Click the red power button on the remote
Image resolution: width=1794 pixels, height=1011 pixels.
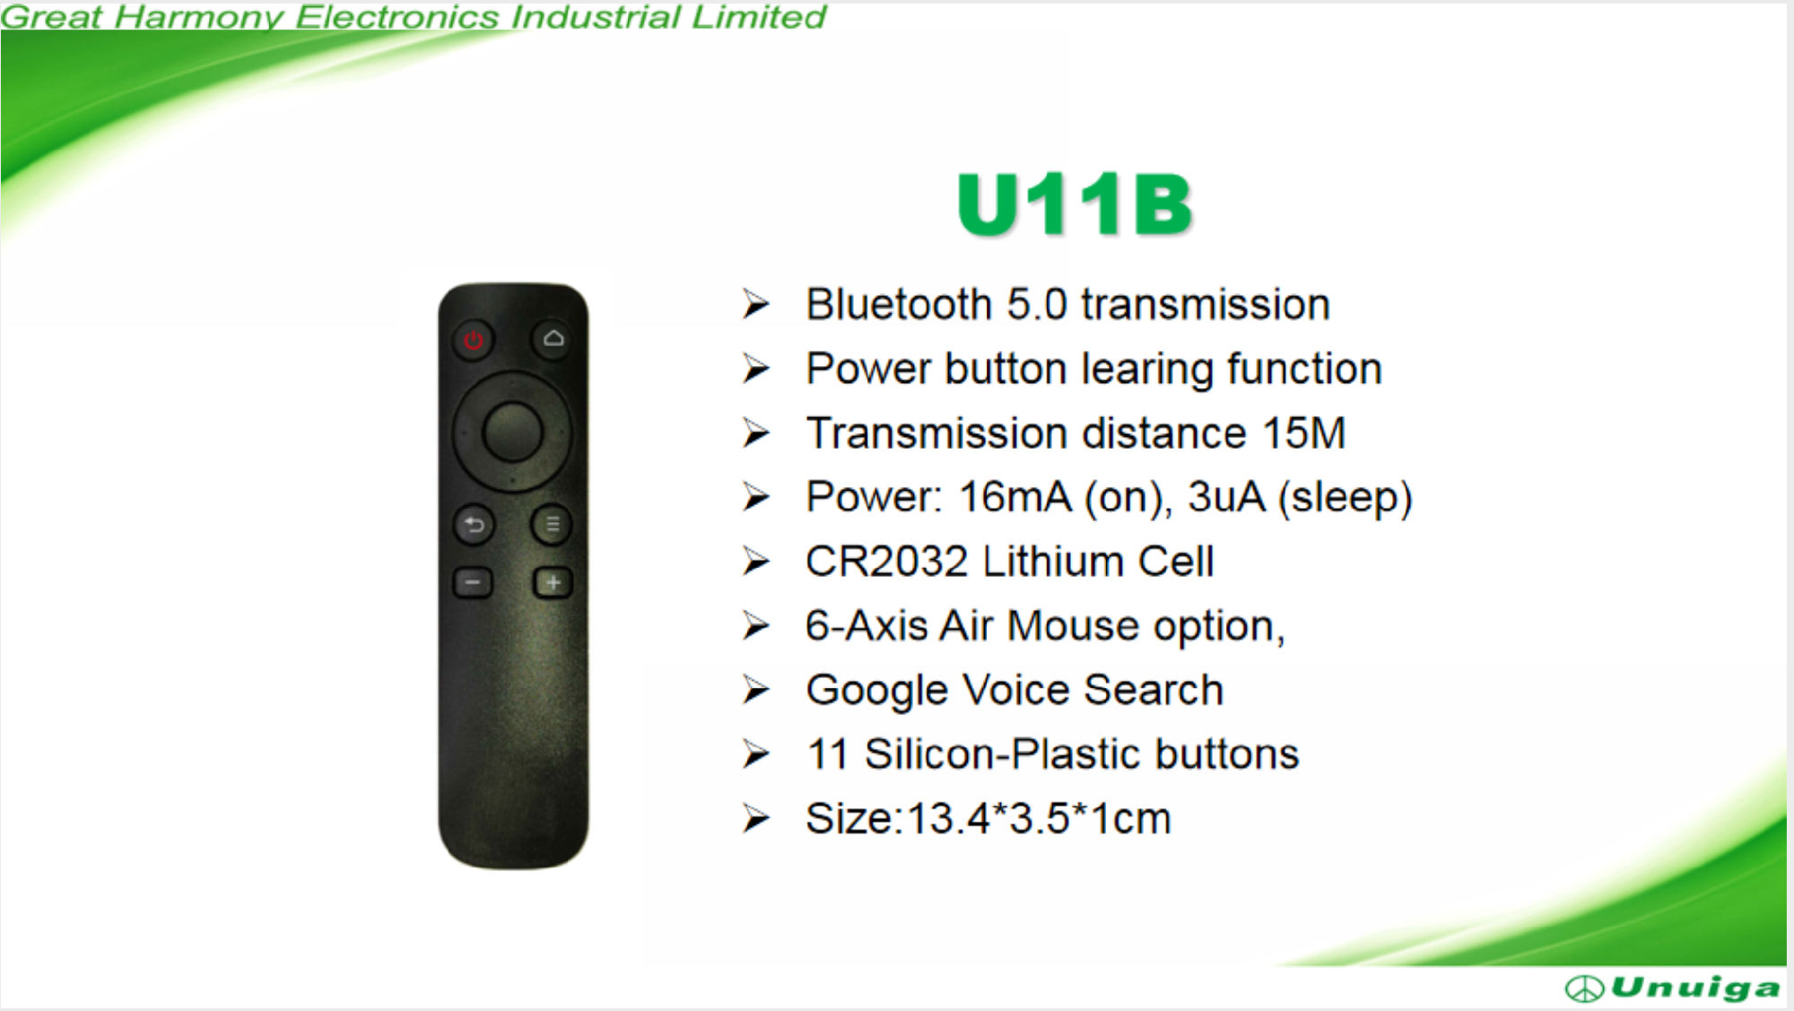coord(473,340)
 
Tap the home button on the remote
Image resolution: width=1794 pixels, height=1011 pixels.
coord(553,339)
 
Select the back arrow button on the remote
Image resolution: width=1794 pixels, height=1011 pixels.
coord(474,525)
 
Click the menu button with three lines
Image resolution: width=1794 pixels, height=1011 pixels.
coord(553,525)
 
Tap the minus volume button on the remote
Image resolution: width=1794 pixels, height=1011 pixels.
coord(473,583)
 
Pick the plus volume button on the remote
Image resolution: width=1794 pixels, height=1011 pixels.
coord(553,583)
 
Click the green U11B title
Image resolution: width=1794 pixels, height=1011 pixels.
coord(1075,205)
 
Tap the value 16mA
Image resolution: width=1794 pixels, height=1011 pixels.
coord(1015,497)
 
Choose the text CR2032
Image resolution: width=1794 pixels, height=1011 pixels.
coord(886,562)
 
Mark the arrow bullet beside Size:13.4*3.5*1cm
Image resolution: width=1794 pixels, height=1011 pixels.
coord(756,818)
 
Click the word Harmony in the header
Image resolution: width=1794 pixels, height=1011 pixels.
coord(198,18)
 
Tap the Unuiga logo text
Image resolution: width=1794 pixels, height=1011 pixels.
coord(1695,988)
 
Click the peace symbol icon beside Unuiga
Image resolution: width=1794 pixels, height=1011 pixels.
coord(1585,989)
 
